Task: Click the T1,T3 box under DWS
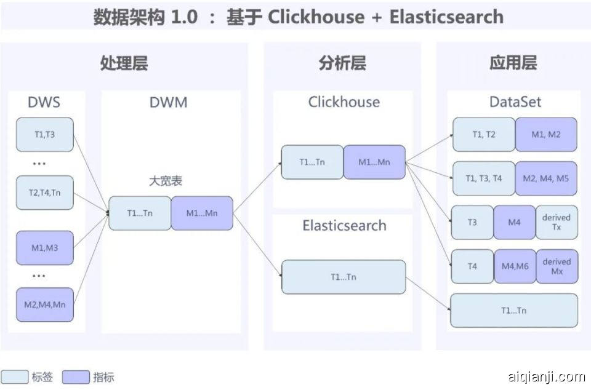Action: (45, 134)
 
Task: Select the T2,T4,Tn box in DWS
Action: (45, 192)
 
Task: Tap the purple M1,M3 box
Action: (45, 247)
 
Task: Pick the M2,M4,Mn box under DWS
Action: (45, 304)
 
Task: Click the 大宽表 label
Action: (166, 181)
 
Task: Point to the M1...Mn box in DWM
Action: (202, 213)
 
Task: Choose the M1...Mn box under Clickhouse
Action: (374, 162)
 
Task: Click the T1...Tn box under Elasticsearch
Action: (344, 277)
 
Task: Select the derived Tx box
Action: (557, 222)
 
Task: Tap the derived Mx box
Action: (557, 266)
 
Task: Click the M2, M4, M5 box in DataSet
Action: (546, 178)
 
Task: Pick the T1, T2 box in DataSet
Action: (484, 134)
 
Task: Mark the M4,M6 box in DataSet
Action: (515, 266)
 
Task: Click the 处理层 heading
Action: (124, 63)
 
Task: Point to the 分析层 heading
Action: (342, 63)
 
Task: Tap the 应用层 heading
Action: (513, 63)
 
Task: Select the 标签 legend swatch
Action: (15, 377)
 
